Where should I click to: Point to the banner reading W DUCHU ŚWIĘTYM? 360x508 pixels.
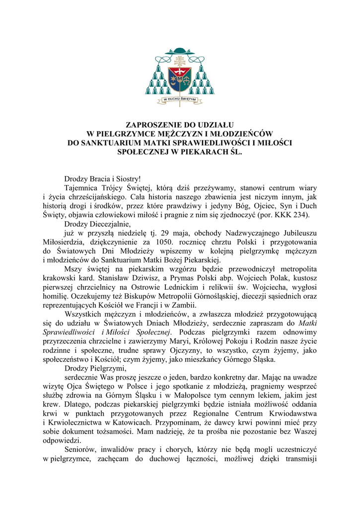tap(180, 99)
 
